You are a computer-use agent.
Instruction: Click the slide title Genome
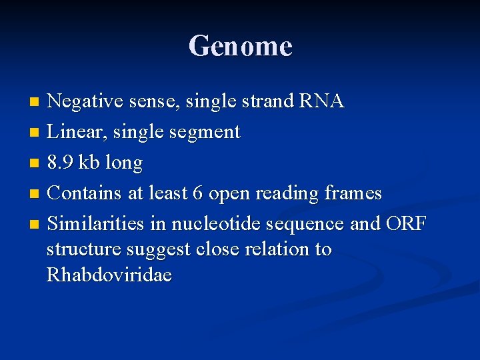click(x=240, y=47)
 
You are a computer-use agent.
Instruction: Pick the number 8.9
click(x=62, y=163)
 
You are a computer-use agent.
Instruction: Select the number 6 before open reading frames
click(x=197, y=193)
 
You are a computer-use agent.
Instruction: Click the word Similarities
click(x=95, y=224)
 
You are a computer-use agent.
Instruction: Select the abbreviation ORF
click(x=405, y=224)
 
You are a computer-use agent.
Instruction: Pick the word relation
click(x=280, y=249)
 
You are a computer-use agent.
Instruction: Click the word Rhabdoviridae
click(x=109, y=275)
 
